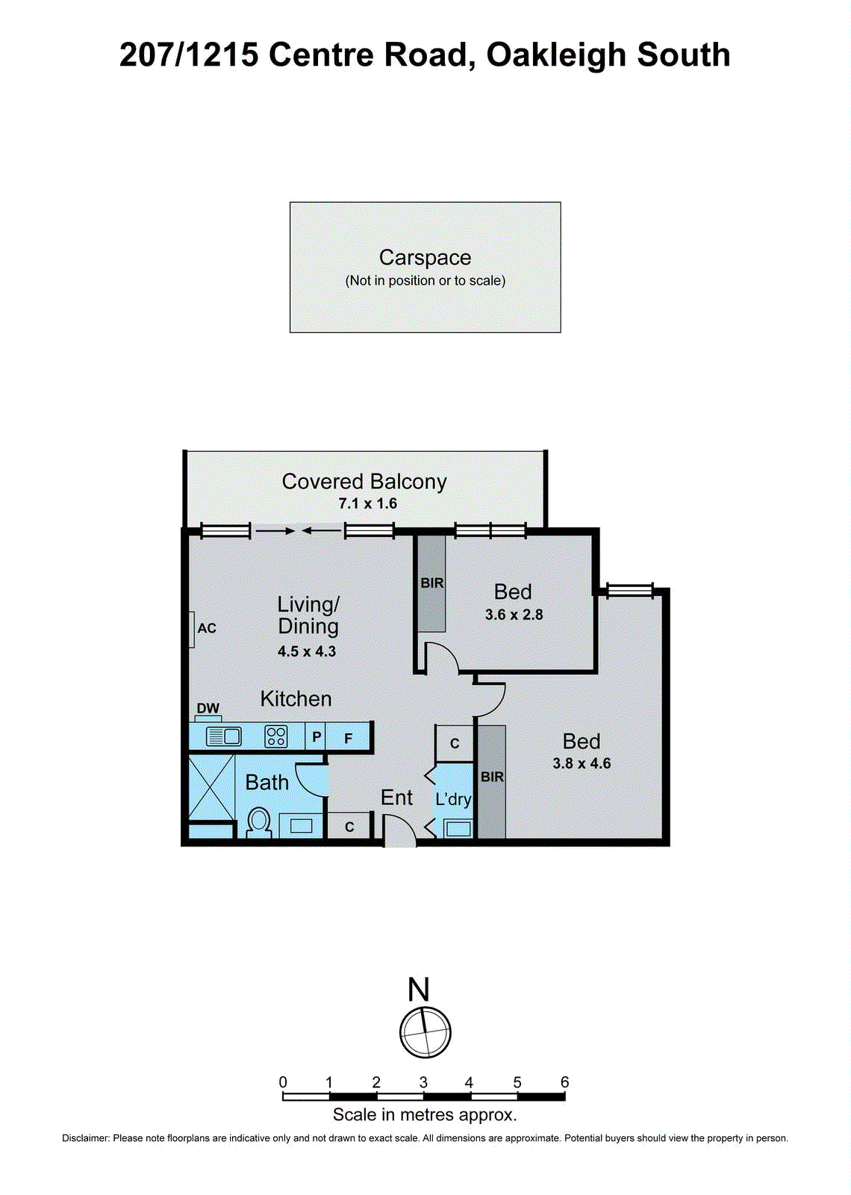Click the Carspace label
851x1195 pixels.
click(x=425, y=258)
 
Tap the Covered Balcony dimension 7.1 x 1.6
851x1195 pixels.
click(x=367, y=503)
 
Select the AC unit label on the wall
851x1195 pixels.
click(x=207, y=628)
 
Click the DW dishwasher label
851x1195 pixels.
click(x=208, y=708)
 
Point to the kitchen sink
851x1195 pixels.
click(x=223, y=736)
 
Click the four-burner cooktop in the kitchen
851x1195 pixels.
click(x=276, y=736)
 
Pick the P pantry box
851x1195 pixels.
click(x=317, y=737)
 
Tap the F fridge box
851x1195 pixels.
click(x=349, y=738)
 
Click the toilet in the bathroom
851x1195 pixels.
click(x=258, y=822)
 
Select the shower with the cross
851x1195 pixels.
click(x=211, y=788)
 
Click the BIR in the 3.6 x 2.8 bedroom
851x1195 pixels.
click(x=431, y=583)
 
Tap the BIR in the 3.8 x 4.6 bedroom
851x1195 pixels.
click(x=492, y=777)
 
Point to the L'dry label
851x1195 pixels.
click(x=453, y=799)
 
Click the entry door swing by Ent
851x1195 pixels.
click(x=399, y=831)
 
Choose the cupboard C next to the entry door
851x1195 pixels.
click(x=349, y=827)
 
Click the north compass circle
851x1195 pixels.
click(x=425, y=1032)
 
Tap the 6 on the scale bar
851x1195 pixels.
click(x=564, y=1082)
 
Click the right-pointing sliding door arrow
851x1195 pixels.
click(x=275, y=531)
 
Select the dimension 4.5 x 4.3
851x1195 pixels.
click(x=307, y=651)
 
